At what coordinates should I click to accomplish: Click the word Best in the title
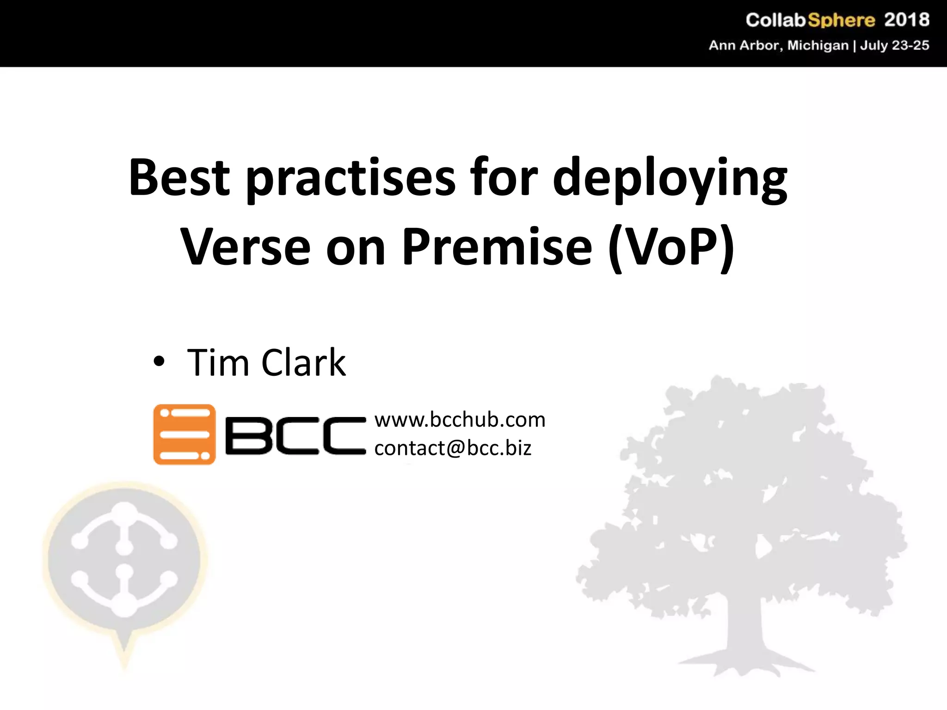click(x=179, y=177)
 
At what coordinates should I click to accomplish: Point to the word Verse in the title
click(x=245, y=248)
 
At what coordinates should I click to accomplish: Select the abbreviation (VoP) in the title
click(x=671, y=248)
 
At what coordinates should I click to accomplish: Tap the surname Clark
click(x=303, y=363)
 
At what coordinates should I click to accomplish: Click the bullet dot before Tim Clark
click(x=159, y=362)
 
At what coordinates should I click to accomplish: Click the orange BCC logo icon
click(x=184, y=435)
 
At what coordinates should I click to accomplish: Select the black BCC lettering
click(x=295, y=435)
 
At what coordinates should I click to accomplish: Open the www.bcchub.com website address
click(x=460, y=420)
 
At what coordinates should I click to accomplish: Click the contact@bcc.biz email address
click(x=453, y=448)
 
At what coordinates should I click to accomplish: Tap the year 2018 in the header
click(x=906, y=20)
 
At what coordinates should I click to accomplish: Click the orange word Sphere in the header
click(x=841, y=20)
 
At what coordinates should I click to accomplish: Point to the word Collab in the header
click(x=776, y=20)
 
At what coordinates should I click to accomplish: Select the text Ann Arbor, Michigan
click(x=779, y=45)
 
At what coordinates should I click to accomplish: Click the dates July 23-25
click(x=894, y=45)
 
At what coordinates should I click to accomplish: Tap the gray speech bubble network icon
click(x=124, y=562)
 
